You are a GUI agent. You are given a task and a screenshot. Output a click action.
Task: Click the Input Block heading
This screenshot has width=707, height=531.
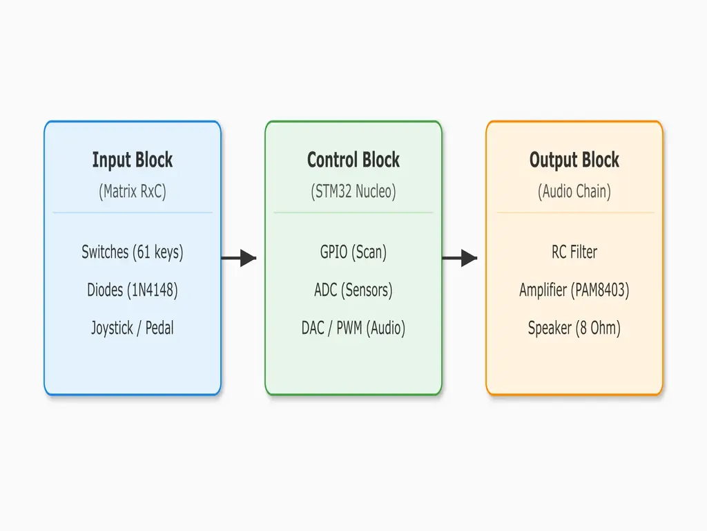pyautogui.click(x=133, y=160)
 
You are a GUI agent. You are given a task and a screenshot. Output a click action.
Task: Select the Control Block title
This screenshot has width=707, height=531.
pyautogui.click(x=353, y=160)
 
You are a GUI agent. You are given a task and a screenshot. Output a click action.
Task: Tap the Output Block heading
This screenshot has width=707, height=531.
pyautogui.click(x=574, y=160)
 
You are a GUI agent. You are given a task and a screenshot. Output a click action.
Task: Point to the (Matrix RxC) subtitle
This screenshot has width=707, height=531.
pyautogui.click(x=133, y=192)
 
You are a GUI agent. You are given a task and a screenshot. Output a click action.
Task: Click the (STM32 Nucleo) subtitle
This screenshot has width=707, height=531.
pyautogui.click(x=353, y=192)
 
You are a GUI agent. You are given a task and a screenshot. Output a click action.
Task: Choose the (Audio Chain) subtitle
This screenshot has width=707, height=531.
pyautogui.click(x=574, y=192)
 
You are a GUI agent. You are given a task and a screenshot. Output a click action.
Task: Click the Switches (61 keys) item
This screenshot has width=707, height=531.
pyautogui.click(x=133, y=252)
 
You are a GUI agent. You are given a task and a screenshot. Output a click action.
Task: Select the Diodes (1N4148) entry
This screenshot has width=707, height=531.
pyautogui.click(x=133, y=290)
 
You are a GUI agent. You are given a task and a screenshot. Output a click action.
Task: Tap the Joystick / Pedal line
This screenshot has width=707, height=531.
pyautogui.click(x=133, y=328)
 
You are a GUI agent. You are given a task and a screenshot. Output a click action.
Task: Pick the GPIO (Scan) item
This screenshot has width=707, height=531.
pyautogui.click(x=353, y=252)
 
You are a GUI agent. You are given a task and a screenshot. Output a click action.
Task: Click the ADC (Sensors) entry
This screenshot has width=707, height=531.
pyautogui.click(x=353, y=290)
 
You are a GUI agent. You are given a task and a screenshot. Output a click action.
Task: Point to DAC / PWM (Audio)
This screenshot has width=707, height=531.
pyautogui.click(x=353, y=328)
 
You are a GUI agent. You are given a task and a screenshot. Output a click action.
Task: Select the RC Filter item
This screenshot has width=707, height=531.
pyautogui.click(x=574, y=252)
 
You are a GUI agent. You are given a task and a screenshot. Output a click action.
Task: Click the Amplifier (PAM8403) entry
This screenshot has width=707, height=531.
pyautogui.click(x=574, y=290)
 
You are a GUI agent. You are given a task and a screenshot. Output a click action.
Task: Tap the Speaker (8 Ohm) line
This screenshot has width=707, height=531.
pyautogui.click(x=574, y=328)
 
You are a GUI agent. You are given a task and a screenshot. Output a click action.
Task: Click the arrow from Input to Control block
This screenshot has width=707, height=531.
pyautogui.click(x=240, y=258)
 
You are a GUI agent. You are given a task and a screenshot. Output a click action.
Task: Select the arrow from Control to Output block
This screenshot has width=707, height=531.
pyautogui.click(x=461, y=258)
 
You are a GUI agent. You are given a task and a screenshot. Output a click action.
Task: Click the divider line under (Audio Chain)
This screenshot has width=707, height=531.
pyautogui.click(x=574, y=212)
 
